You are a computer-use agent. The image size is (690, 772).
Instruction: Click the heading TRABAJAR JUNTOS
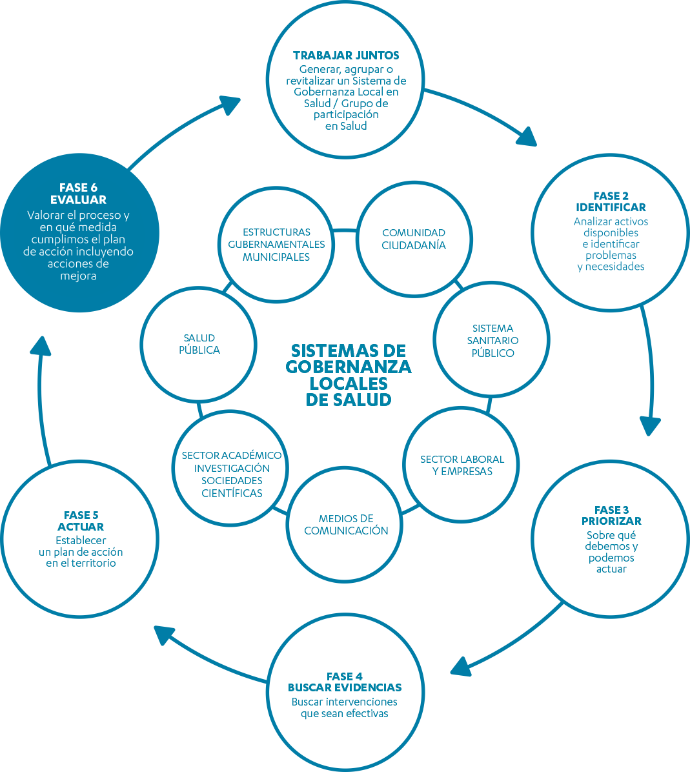tap(346, 56)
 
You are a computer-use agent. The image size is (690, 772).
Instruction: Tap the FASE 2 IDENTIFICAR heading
tap(611, 201)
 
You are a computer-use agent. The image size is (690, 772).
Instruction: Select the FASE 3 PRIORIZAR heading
tap(611, 515)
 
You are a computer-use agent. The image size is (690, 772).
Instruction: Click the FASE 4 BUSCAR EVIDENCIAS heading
tap(345, 682)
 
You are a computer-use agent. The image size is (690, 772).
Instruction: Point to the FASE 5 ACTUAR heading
tap(81, 521)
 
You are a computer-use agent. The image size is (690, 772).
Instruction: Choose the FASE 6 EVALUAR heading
tap(78, 194)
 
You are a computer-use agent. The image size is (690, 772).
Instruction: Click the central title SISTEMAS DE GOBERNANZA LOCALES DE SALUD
tap(349, 375)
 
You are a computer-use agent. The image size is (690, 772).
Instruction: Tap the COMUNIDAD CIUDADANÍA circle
tap(414, 239)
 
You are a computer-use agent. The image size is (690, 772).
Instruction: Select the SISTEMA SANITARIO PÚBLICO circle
tap(492, 340)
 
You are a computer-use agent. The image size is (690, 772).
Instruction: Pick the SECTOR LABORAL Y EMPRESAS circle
tap(462, 465)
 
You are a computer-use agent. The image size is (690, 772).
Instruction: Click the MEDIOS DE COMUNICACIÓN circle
tap(346, 524)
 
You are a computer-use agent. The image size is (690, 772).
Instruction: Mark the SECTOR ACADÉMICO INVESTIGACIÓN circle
tap(232, 474)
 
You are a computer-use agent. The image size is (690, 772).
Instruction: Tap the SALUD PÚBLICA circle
tap(199, 344)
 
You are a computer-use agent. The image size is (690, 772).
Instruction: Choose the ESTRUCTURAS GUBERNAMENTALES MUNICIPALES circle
tap(276, 244)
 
